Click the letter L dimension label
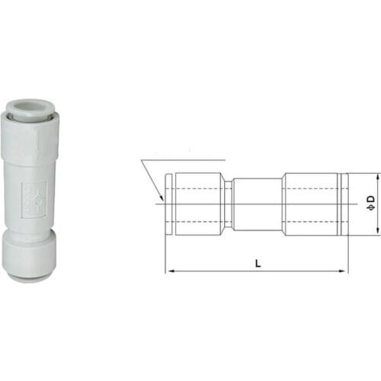pyautogui.click(x=258, y=263)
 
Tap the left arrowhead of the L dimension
pyautogui.click(x=169, y=271)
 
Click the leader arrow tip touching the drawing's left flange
pyautogui.click(x=163, y=200)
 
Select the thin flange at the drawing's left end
pyautogui.click(x=168, y=202)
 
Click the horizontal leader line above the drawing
pyautogui.click(x=183, y=161)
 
